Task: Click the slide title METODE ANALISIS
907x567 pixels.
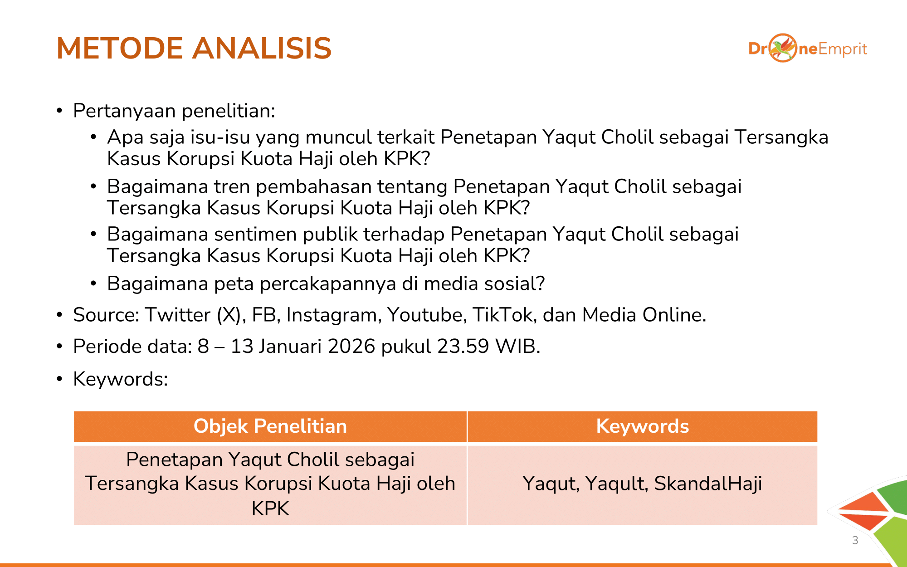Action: click(x=194, y=48)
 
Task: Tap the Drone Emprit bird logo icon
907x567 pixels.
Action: click(x=783, y=48)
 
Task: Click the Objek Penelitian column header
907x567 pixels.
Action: click(x=270, y=426)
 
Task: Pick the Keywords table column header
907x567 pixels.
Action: click(x=643, y=426)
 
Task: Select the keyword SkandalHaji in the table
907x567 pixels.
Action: click(x=708, y=484)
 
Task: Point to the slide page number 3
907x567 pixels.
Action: click(x=855, y=540)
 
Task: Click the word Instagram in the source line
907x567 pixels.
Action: click(x=334, y=315)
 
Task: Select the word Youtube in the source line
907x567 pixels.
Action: click(x=427, y=315)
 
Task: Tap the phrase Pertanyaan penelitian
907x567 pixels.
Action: click(x=174, y=111)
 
